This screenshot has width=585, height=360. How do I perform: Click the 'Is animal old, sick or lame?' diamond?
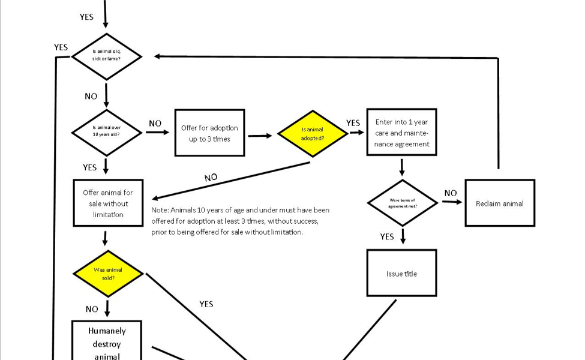(106, 56)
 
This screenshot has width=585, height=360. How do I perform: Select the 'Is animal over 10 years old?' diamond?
(106, 132)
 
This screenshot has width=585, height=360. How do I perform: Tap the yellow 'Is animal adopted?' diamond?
(312, 134)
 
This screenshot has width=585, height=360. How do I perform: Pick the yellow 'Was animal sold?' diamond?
(108, 274)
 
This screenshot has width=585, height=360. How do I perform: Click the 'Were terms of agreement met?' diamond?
(402, 203)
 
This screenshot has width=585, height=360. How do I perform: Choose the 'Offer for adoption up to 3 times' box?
(209, 133)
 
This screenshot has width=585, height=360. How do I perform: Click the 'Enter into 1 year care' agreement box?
(401, 132)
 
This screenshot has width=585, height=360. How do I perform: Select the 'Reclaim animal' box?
(499, 203)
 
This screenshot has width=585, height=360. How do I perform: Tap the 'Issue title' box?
(401, 273)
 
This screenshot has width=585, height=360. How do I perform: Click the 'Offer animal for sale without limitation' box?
(108, 203)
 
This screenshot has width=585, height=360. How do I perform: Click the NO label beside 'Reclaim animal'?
(451, 193)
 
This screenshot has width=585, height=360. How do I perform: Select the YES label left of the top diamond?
(61, 47)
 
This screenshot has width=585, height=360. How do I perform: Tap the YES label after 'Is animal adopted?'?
(353, 123)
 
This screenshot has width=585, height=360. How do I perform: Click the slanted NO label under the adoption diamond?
(211, 178)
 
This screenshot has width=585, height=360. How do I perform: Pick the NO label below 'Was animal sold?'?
(92, 309)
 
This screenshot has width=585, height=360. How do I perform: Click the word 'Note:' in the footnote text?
(160, 211)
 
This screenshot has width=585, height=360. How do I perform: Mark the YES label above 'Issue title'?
(387, 236)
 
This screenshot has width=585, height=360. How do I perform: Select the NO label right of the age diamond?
(155, 124)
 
